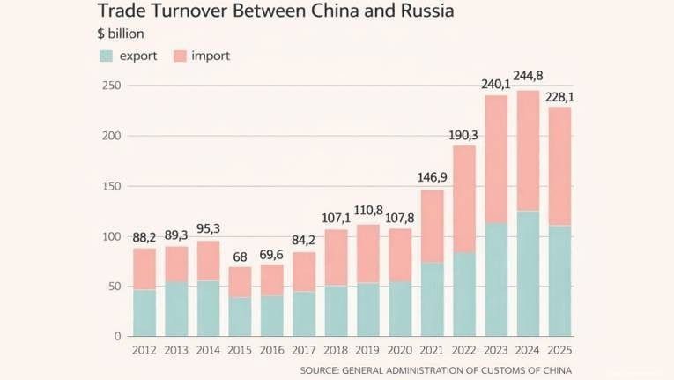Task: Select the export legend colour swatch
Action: pos(106,56)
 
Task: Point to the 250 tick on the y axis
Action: pos(110,86)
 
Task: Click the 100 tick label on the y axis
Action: pos(110,236)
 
